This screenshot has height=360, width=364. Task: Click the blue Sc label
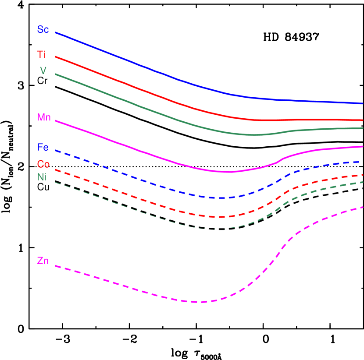[x=43, y=30]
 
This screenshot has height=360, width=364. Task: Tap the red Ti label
[x=41, y=55]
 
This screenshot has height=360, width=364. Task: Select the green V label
[x=43, y=71]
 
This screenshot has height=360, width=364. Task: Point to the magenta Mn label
[x=44, y=117]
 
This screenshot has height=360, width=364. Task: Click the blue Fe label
[x=43, y=148]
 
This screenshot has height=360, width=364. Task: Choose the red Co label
[x=43, y=164]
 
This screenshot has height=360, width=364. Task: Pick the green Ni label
[x=42, y=177]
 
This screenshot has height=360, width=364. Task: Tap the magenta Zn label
[x=43, y=261]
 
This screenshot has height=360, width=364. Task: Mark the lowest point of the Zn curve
[x=200, y=302]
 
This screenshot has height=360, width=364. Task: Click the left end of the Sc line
[x=56, y=32]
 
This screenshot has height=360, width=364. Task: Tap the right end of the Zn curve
[x=362, y=207]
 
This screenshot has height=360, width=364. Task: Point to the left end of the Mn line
[x=56, y=120]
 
